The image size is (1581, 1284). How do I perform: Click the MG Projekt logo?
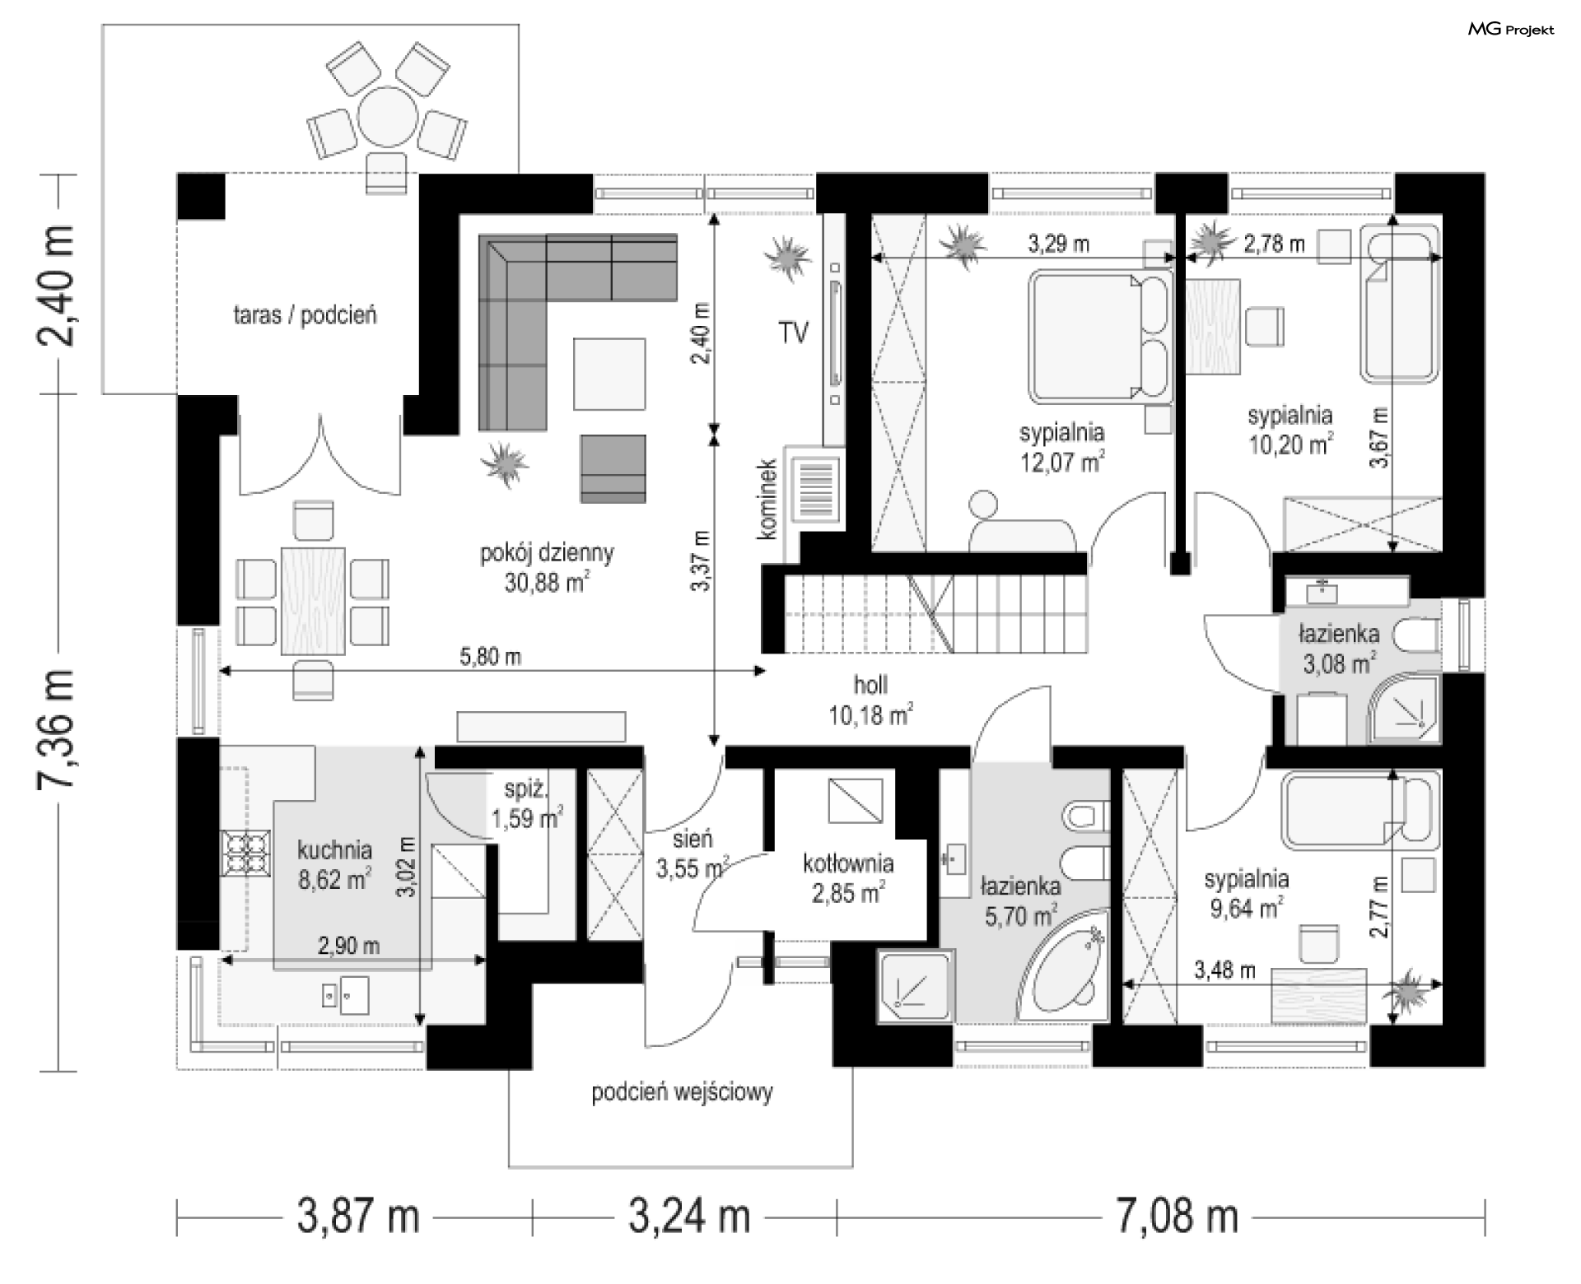click(x=1512, y=30)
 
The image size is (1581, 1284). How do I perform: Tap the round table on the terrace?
click(x=387, y=117)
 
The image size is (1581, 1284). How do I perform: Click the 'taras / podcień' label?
click(x=305, y=314)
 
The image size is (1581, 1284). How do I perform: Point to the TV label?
click(x=793, y=333)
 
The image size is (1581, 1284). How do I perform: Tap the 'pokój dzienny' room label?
click(x=547, y=552)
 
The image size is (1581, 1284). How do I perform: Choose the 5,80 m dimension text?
click(x=491, y=657)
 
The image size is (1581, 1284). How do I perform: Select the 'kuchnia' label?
click(x=334, y=849)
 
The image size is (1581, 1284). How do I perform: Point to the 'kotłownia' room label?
click(x=848, y=863)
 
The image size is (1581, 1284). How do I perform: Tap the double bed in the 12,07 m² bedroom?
click(x=1100, y=334)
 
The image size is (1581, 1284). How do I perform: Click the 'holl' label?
click(x=870, y=685)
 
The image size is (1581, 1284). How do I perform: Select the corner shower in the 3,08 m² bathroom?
click(x=1404, y=709)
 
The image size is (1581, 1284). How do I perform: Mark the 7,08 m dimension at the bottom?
click(x=1177, y=1217)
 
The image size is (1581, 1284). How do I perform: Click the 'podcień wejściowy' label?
click(x=682, y=1093)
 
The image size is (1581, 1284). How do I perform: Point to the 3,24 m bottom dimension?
click(x=690, y=1217)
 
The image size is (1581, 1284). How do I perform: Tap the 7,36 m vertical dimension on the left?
click(x=57, y=728)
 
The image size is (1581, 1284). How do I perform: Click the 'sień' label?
click(x=692, y=839)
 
